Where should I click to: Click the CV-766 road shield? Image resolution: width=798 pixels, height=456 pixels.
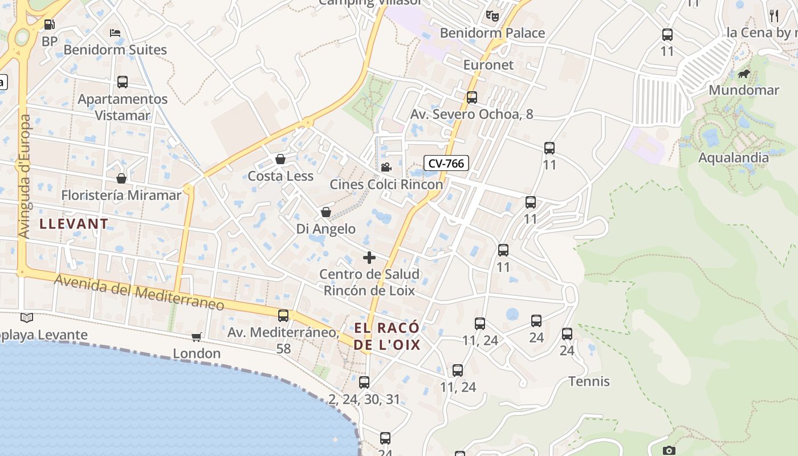click(446, 164)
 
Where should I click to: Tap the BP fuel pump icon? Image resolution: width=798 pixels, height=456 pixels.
click(50, 25)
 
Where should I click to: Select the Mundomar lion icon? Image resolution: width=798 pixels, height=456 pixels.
click(744, 74)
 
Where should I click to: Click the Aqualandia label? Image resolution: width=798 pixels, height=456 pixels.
click(733, 157)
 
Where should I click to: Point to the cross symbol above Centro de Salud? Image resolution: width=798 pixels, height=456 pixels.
click(369, 258)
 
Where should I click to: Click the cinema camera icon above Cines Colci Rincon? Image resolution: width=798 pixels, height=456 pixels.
click(386, 167)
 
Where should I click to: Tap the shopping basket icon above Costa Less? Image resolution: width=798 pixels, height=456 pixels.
click(280, 159)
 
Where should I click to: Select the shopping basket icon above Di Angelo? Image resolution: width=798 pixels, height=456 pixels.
click(326, 212)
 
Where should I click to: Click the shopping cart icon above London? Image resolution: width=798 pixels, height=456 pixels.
click(197, 337)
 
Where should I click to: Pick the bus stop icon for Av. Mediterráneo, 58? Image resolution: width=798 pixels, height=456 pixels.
click(283, 315)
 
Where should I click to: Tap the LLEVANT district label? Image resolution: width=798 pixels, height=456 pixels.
click(74, 224)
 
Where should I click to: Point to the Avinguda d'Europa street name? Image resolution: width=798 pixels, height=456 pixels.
click(25, 176)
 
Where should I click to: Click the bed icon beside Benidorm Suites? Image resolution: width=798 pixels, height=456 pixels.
click(115, 33)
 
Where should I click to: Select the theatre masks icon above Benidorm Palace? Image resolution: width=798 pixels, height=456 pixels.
click(492, 16)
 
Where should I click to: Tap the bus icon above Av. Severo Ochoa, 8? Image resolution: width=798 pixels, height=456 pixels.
click(472, 97)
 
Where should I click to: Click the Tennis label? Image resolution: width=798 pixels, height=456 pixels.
click(589, 381)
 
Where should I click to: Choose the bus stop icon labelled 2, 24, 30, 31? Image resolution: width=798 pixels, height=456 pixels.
click(364, 382)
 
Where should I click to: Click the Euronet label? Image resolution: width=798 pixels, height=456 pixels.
click(488, 64)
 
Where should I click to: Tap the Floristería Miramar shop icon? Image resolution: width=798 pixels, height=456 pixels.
click(121, 178)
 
